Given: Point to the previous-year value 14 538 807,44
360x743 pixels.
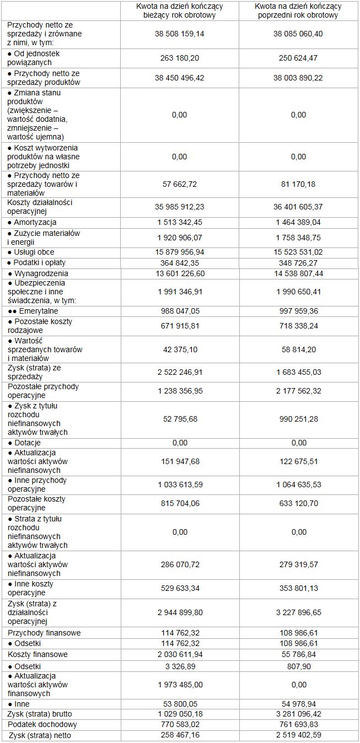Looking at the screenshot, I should pos(298,273).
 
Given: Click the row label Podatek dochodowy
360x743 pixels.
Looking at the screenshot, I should pos(42,724).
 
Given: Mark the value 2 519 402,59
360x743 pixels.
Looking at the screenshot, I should pos(298,735).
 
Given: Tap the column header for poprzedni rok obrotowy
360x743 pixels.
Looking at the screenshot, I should pos(298,10).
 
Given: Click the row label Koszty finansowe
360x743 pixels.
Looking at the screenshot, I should pos(38,654).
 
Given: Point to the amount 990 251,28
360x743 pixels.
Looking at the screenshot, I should pos(298,419).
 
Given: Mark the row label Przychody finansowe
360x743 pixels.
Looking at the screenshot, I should pos(44,633).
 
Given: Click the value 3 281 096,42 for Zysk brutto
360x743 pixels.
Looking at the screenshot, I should pos(298,714).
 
